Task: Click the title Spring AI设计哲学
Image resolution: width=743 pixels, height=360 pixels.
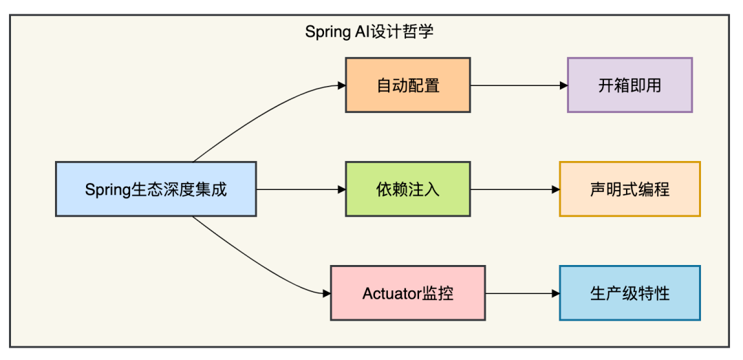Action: pos(369,32)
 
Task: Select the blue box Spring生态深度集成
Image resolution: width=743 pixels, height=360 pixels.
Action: pos(156,189)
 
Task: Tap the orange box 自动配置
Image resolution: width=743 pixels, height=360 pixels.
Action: pos(408,85)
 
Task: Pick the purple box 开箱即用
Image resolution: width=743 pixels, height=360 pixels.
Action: pos(629,85)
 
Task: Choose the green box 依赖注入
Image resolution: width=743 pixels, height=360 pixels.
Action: pos(408,189)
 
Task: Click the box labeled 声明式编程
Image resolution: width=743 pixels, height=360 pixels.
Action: pos(629,189)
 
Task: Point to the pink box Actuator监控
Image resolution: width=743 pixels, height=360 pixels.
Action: pos(408,293)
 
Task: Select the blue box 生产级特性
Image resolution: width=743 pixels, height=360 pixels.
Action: pos(629,293)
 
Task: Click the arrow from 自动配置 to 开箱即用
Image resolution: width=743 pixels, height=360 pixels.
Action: pos(519,85)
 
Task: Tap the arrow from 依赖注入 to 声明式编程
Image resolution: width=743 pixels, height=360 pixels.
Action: pos(515,189)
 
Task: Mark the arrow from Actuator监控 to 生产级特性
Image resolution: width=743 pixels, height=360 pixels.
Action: pos(523,294)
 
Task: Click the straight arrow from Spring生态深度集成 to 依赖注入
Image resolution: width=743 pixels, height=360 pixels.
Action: pos(301,189)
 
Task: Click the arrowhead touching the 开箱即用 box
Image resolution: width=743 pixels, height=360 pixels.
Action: pos(563,85)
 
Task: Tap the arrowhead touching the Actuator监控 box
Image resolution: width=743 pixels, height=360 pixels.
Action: pos(327,294)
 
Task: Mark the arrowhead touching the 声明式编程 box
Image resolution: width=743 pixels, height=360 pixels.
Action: pos(556,189)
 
